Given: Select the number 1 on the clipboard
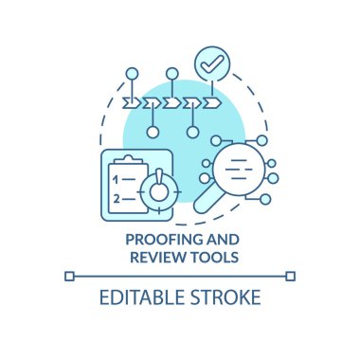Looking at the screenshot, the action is pyautogui.click(x=116, y=177).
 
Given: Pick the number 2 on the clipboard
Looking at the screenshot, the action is pyautogui.click(x=116, y=198).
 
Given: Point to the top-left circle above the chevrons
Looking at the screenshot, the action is pyautogui.click(x=130, y=72).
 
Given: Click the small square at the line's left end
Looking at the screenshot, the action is pyautogui.click(x=68, y=276).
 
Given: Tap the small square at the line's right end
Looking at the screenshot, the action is pyautogui.click(x=291, y=276).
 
